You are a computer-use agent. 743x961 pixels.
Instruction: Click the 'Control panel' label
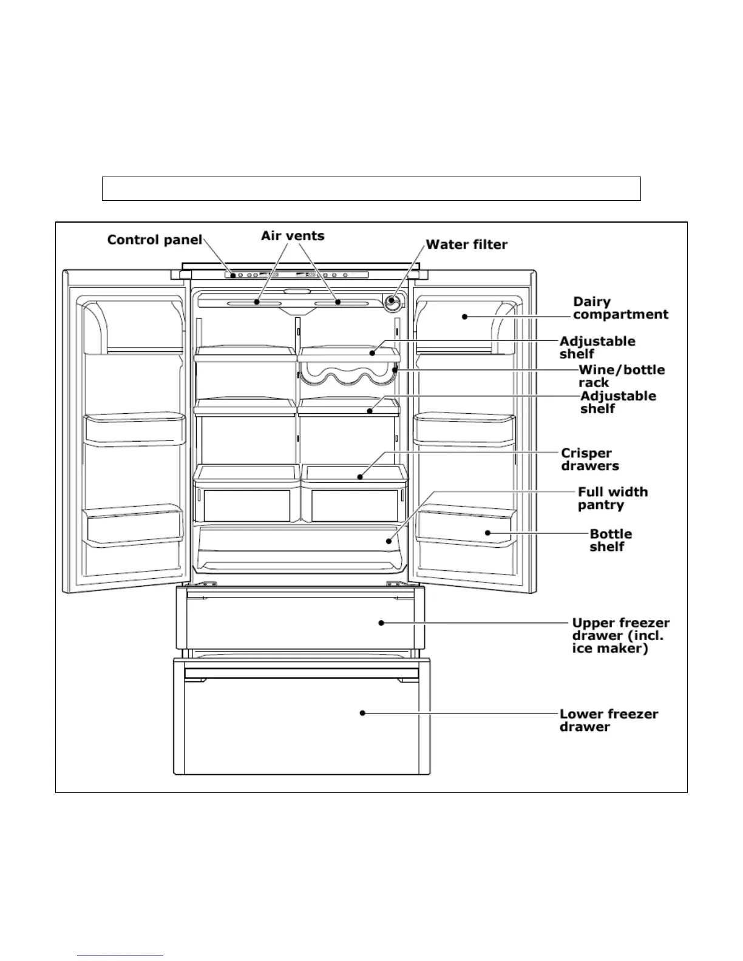pos(154,240)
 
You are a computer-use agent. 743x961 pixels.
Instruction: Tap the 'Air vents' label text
pos(293,235)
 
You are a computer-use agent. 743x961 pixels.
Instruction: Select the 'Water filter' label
pos(466,244)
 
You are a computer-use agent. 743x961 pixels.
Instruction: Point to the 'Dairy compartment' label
pos(620,308)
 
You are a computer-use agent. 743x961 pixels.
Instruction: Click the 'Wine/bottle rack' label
pos(621,376)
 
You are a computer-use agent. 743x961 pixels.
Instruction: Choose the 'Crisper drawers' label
pos(589,459)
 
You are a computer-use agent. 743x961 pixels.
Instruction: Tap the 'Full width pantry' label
pos(612,498)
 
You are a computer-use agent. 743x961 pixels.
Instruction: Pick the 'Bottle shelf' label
pos(610,540)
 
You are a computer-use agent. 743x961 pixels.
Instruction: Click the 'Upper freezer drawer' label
pos(620,635)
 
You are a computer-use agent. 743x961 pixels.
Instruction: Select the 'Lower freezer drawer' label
pos(608,720)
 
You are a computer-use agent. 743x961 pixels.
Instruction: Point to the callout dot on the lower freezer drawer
pos(362,713)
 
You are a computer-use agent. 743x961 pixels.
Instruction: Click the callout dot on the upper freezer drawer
pos(381,622)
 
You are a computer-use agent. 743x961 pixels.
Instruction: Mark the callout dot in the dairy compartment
pos(464,315)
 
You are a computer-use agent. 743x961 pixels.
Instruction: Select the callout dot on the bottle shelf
pos(488,533)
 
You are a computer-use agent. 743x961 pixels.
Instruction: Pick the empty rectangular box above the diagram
pos(371,189)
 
